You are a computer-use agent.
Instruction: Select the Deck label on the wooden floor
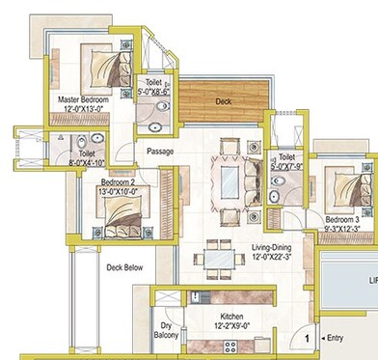[x=224, y=100]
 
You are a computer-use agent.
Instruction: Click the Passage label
[x=160, y=152]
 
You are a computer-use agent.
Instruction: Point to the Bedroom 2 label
[x=95, y=187]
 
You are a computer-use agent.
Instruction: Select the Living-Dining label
[x=273, y=254]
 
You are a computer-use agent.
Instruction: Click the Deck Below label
[x=124, y=268]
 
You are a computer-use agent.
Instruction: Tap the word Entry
[x=335, y=338]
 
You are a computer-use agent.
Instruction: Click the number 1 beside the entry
[x=307, y=338]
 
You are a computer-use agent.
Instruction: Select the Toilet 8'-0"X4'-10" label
[x=87, y=157]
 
